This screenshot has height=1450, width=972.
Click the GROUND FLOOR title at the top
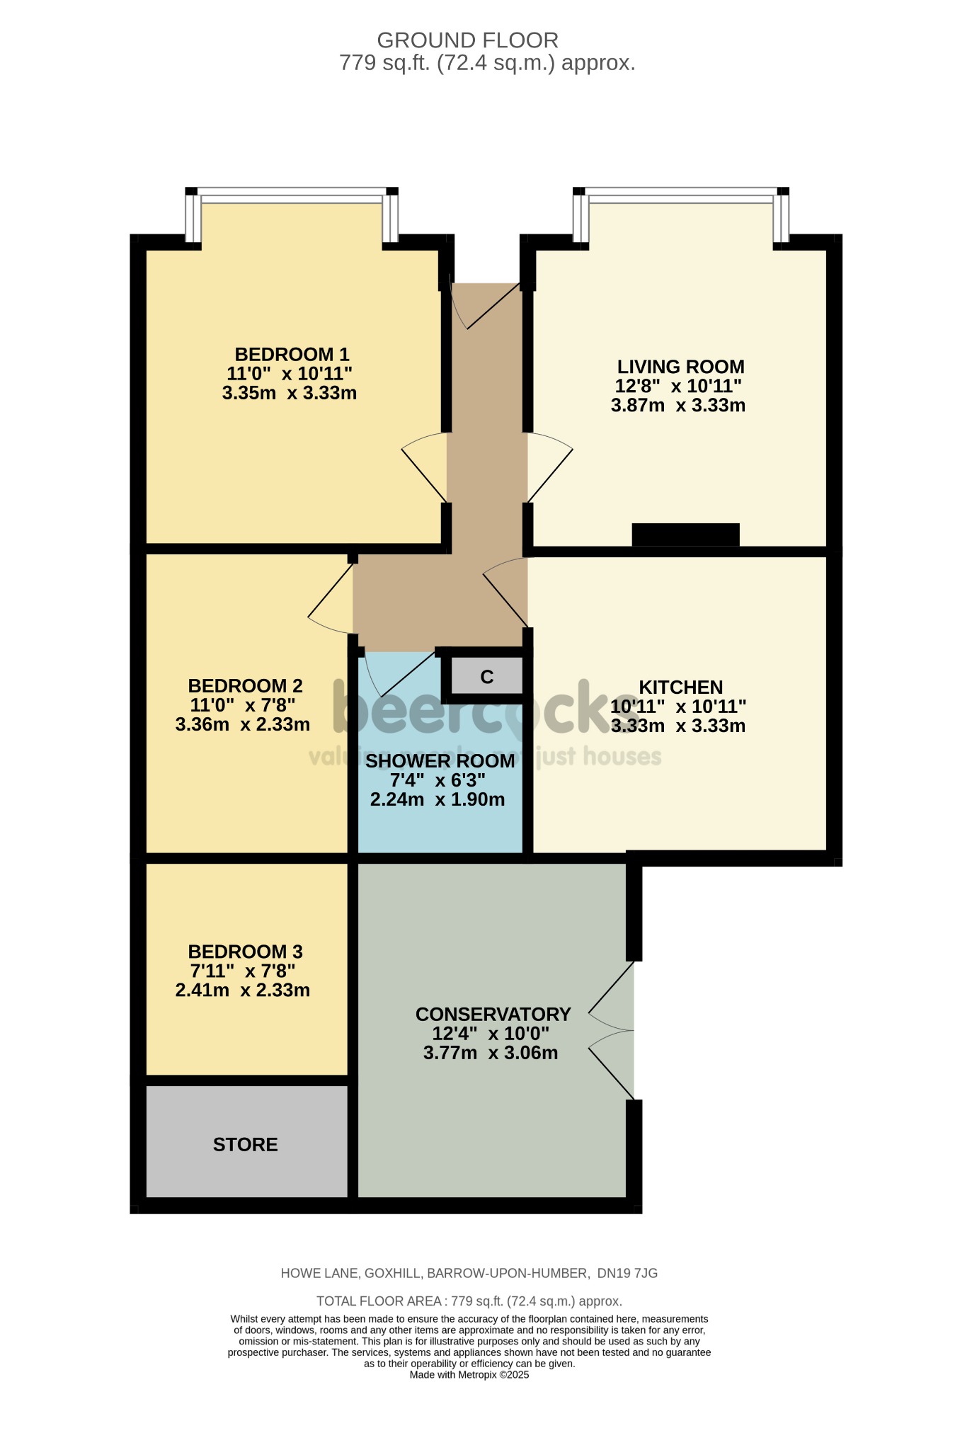(467, 40)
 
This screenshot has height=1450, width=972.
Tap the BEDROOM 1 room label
(292, 354)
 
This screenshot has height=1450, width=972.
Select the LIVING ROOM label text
(680, 367)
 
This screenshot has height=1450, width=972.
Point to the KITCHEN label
(680, 687)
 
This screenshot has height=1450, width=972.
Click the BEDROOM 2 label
(245, 685)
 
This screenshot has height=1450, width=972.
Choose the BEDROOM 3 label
(245, 951)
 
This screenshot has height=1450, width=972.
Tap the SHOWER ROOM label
(440, 761)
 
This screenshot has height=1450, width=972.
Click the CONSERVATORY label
(493, 1014)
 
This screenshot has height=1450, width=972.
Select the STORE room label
(245, 1144)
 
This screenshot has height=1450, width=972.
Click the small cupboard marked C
(486, 677)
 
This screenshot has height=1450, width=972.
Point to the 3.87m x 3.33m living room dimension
(677, 406)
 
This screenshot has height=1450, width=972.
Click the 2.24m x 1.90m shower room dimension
(438, 800)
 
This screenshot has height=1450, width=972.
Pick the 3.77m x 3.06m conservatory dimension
(491, 1053)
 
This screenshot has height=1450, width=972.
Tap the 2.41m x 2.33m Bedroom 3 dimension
(242, 990)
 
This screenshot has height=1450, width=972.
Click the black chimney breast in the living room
(685, 535)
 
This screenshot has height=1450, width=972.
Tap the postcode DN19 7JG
(627, 1273)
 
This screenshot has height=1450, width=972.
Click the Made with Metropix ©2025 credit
(469, 1375)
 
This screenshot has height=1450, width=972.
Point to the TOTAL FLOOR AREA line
(469, 1301)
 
